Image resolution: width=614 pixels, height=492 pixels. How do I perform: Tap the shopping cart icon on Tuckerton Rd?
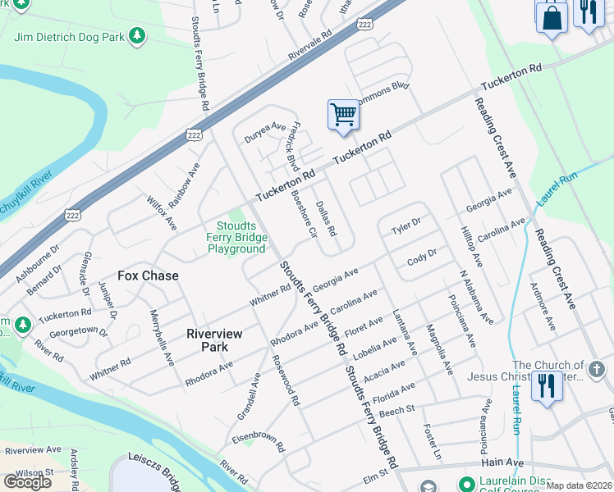click(343, 115)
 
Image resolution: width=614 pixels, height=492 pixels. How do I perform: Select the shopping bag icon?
click(552, 16)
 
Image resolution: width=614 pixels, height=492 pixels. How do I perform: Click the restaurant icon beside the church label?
click(547, 385)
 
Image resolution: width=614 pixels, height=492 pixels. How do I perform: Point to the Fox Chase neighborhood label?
click(148, 276)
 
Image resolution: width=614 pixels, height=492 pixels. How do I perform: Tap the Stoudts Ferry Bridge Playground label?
click(236, 237)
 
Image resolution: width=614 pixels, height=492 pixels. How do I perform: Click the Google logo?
click(27, 482)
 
